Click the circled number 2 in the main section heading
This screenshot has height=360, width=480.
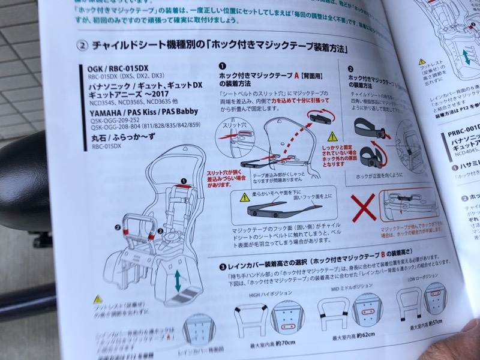click(x=83, y=46)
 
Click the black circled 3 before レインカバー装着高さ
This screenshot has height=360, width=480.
click(x=223, y=266)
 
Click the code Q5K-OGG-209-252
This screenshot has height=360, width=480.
click(x=119, y=119)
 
